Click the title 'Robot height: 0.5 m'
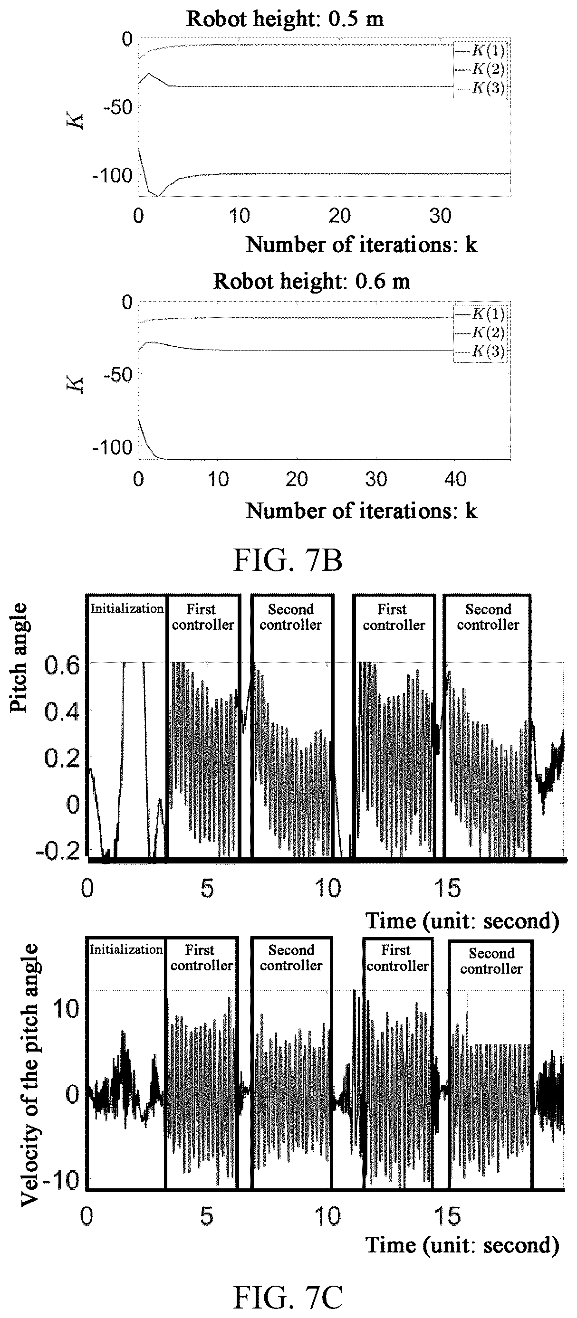coord(285,19)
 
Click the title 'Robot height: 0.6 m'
coord(311,281)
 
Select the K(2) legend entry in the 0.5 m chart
coord(480,69)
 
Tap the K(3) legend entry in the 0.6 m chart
coord(480,351)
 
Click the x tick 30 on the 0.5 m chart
coord(440,216)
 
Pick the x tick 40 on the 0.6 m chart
coord(455,479)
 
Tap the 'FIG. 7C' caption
coord(288,1297)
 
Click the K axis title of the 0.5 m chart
coord(77,121)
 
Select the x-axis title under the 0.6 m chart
coord(362,511)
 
